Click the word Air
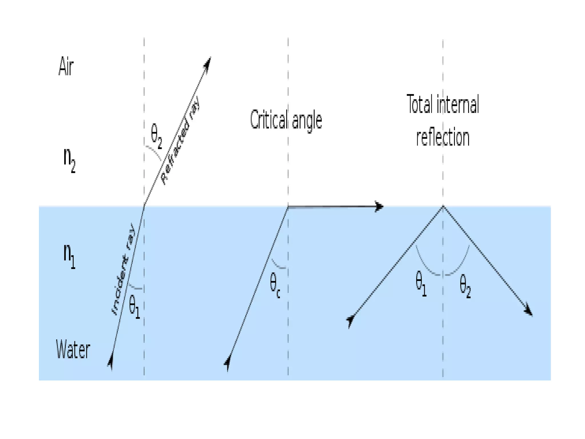66,66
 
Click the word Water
73,349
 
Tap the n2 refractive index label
69,160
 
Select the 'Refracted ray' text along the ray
181,141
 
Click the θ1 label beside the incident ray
134,306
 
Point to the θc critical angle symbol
275,285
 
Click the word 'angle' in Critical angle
307,121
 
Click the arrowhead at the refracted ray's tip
208,62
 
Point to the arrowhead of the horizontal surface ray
379,206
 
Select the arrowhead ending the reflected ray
528,311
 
